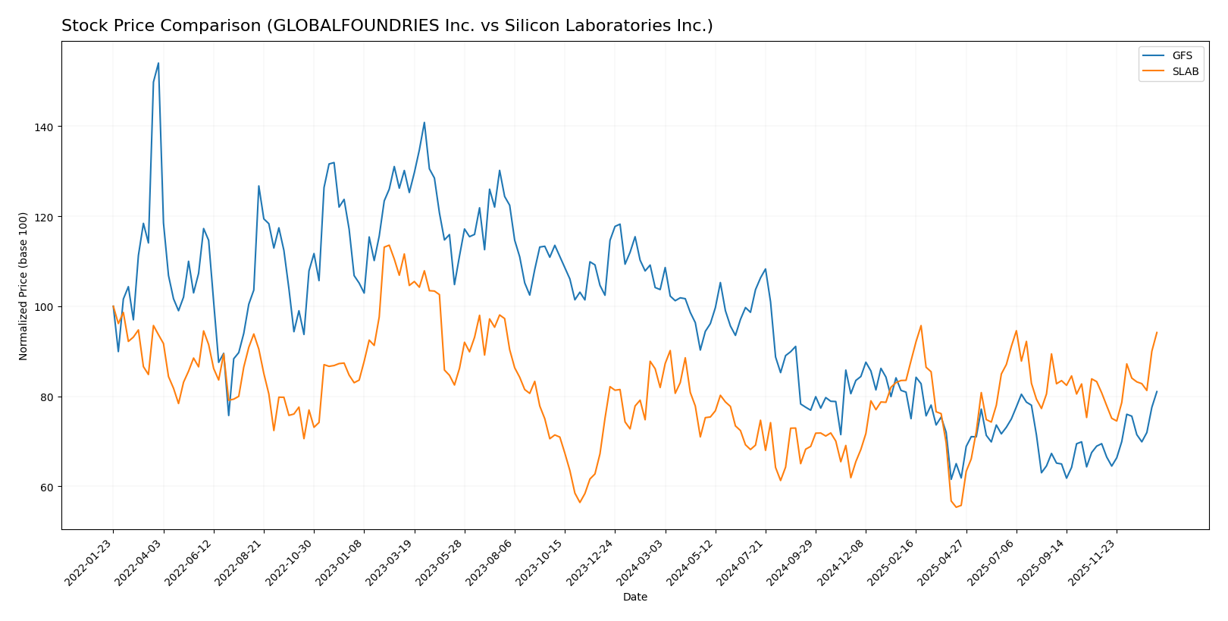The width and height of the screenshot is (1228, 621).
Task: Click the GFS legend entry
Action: [x=1182, y=56]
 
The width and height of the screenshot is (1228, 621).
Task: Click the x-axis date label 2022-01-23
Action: [x=89, y=562]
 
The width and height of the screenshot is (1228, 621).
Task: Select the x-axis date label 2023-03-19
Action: [x=390, y=562]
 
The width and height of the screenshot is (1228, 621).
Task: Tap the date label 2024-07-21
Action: [x=741, y=562]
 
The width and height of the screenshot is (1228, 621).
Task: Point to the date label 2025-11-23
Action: [x=1092, y=562]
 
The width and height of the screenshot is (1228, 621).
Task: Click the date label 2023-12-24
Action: [x=591, y=562]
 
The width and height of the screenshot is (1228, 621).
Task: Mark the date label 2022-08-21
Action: [x=240, y=562]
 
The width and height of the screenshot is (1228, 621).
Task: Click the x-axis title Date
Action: [x=635, y=597]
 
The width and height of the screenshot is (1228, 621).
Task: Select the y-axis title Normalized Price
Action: [x=23, y=286]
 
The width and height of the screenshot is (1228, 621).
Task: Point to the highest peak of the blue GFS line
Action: [x=158, y=63]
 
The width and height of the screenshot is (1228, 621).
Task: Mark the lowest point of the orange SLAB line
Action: [x=956, y=507]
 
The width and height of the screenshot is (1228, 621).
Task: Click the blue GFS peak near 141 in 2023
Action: [x=424, y=122]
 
